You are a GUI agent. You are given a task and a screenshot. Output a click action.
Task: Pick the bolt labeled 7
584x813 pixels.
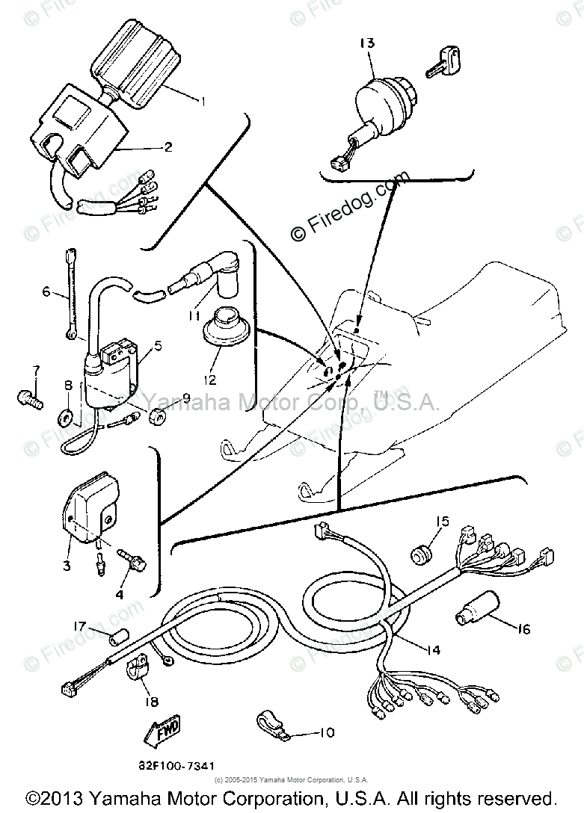(x=26, y=395)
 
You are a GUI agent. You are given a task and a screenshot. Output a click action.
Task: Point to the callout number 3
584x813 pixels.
(x=67, y=566)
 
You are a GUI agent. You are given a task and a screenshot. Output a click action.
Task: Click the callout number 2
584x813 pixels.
(x=167, y=147)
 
